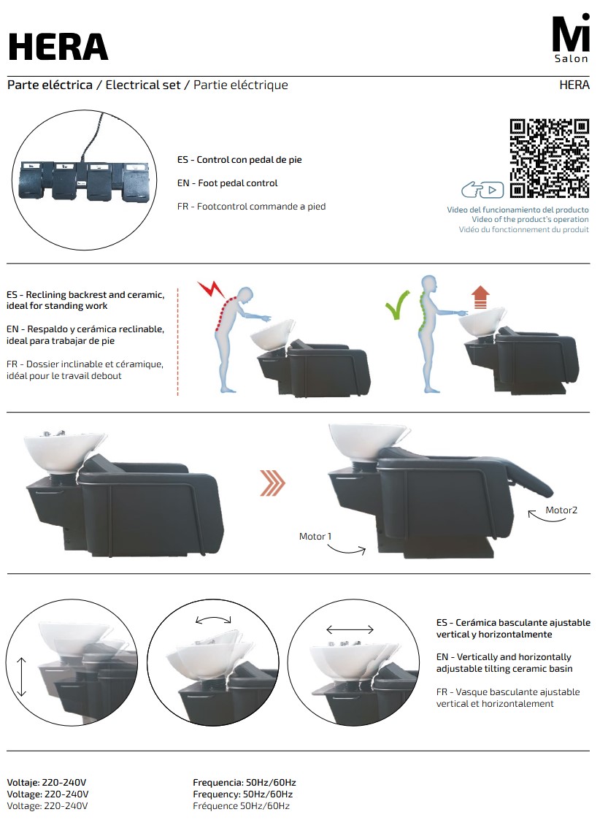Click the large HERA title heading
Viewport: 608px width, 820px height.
58,47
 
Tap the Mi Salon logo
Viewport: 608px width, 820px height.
571,39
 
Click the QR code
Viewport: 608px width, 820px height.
549,158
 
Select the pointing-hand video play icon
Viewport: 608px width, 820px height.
482,189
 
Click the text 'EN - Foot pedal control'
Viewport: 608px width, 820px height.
228,183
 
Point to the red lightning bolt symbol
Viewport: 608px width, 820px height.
211,289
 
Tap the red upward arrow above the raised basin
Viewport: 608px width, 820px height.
480,297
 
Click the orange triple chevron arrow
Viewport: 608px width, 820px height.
272,483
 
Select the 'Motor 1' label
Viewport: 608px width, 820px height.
315,536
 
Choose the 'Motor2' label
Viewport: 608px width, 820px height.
561,510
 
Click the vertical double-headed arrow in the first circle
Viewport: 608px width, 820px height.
21,677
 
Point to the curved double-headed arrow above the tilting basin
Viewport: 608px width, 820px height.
213,618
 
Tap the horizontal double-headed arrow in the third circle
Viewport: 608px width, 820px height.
350,629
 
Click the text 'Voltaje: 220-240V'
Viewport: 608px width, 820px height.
47,782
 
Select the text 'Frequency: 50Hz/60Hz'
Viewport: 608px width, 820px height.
242,794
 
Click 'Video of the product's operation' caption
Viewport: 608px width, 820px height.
530,219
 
